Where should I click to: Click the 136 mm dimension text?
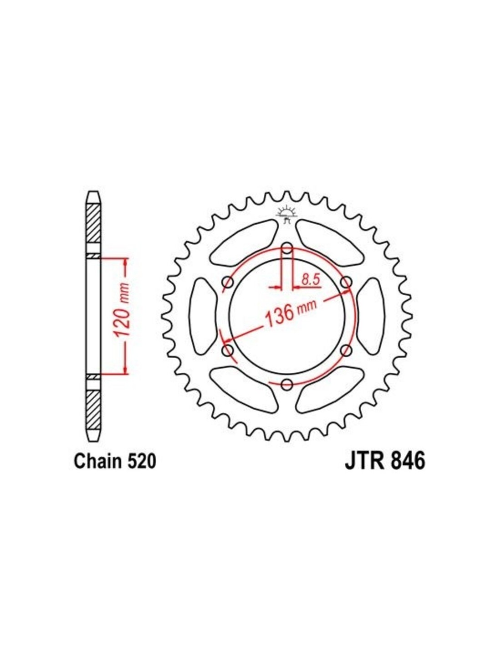pyautogui.click(x=289, y=313)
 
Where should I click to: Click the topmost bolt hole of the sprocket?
pyautogui.click(x=287, y=247)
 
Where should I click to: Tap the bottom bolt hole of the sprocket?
pyautogui.click(x=287, y=385)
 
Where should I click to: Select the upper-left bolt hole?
pyautogui.click(x=228, y=282)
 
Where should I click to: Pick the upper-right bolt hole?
pyautogui.click(x=346, y=282)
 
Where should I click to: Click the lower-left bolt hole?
pyautogui.click(x=228, y=350)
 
